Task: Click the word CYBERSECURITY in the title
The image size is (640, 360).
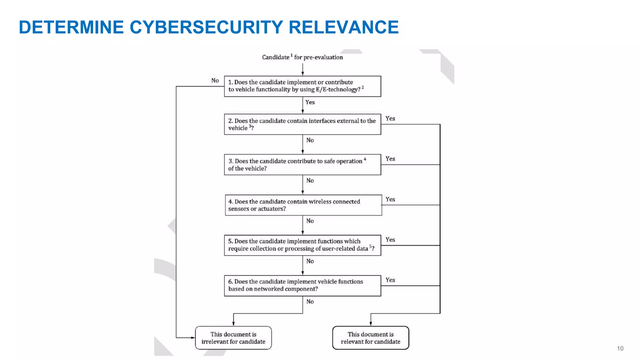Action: pyautogui.click(x=206, y=27)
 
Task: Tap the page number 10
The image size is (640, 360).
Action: pyautogui.click(x=620, y=348)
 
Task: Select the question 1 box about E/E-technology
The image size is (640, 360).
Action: pyautogui.click(x=302, y=86)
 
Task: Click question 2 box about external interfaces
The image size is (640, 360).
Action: pyautogui.click(x=302, y=124)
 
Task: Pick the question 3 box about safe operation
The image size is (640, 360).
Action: pyautogui.click(x=302, y=165)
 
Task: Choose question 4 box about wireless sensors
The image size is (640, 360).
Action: pyautogui.click(x=303, y=205)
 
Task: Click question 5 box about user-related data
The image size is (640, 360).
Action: pyautogui.click(x=302, y=245)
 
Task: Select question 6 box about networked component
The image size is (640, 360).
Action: pyautogui.click(x=302, y=286)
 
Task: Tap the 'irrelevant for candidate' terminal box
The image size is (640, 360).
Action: pyautogui.click(x=233, y=338)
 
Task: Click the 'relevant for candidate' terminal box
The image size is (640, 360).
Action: pyautogui.click(x=371, y=338)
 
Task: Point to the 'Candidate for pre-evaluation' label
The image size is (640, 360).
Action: pyautogui.click(x=302, y=57)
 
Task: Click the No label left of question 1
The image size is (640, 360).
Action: pyautogui.click(x=215, y=80)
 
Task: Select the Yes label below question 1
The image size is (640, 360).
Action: pyautogui.click(x=310, y=102)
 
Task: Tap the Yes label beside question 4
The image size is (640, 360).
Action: pyautogui.click(x=390, y=199)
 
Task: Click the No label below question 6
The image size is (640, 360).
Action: pyautogui.click(x=310, y=302)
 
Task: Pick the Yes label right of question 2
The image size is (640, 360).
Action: pyautogui.click(x=390, y=118)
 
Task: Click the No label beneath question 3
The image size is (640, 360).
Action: pyautogui.click(x=310, y=181)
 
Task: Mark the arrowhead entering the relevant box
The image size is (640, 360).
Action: pyautogui.click(x=371, y=324)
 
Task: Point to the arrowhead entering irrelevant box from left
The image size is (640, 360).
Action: pyautogui.click(x=193, y=337)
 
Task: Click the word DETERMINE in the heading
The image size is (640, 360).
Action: pyautogui.click(x=71, y=27)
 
